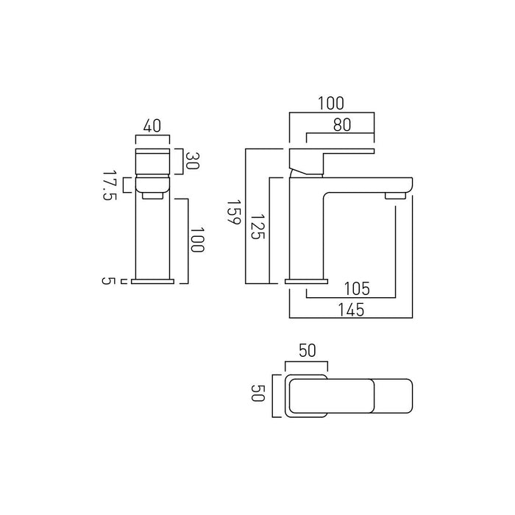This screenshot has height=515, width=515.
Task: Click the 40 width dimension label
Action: [x=152, y=127]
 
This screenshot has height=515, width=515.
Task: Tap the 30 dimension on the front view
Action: [x=193, y=160]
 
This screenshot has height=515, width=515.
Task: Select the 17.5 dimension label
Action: [x=110, y=185]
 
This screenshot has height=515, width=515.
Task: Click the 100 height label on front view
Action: [x=197, y=239]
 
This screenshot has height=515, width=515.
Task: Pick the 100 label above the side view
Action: [x=331, y=103]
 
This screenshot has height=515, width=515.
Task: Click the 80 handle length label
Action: [x=342, y=125]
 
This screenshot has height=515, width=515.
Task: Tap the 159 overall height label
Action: [x=234, y=212]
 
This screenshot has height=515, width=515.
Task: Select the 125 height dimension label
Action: [x=257, y=227]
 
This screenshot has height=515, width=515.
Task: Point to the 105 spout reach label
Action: [x=357, y=288]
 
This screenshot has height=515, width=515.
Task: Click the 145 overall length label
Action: [x=351, y=310]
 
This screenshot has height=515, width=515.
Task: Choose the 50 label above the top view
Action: [x=307, y=350]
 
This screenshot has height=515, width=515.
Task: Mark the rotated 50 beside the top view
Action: [x=257, y=393]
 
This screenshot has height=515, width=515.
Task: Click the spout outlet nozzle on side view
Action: [x=396, y=196]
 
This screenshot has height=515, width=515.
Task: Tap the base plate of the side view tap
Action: [x=307, y=282]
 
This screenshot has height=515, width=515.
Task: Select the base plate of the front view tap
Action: [x=152, y=282]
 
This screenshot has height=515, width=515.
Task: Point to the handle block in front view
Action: [x=153, y=161]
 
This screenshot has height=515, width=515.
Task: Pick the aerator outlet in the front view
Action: [x=153, y=196]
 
